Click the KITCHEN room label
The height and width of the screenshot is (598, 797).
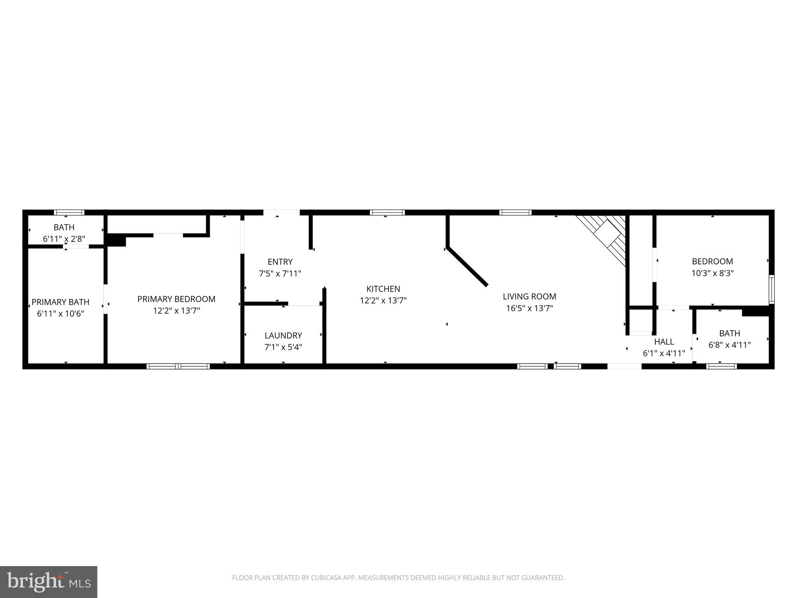tap(383, 289)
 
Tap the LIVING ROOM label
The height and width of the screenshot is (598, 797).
tap(529, 296)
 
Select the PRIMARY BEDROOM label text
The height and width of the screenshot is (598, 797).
tap(176, 299)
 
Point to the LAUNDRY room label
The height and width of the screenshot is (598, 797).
tap(283, 335)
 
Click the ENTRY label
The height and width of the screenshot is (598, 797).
tap(280, 262)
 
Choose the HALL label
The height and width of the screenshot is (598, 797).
tap(664, 342)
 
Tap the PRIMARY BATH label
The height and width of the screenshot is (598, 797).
tap(60, 302)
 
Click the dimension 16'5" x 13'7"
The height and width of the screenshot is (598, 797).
tap(529, 308)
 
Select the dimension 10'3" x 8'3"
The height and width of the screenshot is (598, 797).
tap(712, 273)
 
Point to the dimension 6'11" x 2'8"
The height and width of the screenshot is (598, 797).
tap(64, 239)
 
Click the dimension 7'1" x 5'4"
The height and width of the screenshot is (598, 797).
tap(283, 347)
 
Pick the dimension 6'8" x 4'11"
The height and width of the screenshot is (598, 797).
tap(729, 345)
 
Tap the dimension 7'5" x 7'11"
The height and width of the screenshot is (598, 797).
tap(280, 274)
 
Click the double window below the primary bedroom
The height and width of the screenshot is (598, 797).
tap(178, 366)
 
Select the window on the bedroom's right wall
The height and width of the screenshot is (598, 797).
tap(771, 289)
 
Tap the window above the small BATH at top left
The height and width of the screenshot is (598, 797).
tap(69, 213)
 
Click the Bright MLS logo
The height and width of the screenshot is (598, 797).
tap(49, 582)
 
